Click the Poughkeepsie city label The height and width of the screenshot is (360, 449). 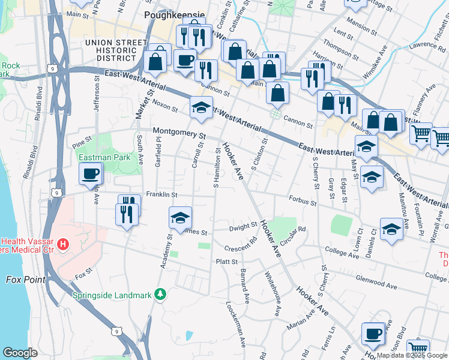click(x=175, y=15)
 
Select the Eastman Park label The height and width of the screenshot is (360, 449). click(x=104, y=158)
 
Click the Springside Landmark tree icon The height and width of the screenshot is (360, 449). click(x=159, y=294)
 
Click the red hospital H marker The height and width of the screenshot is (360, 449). click(x=62, y=245)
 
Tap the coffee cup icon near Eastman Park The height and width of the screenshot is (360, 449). click(x=91, y=174)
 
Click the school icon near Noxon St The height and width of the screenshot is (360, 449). click(x=201, y=107)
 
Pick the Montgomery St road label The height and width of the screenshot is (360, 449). click(x=179, y=133)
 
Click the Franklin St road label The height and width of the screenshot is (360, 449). click(x=161, y=195)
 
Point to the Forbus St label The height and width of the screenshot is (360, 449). click(x=302, y=203)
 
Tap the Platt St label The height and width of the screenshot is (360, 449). click(x=227, y=262)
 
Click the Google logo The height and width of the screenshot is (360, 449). click(x=20, y=353)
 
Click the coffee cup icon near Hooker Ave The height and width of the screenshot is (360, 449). click(x=373, y=333)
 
